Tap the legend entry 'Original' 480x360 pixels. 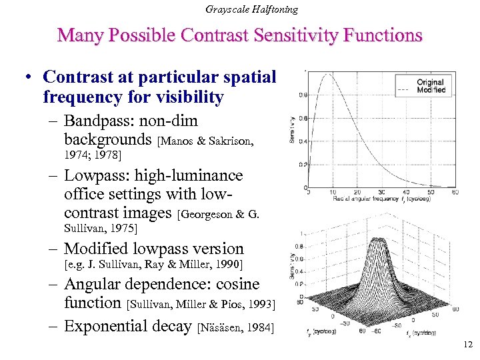pos(430,82)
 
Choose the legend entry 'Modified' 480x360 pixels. pos(431,89)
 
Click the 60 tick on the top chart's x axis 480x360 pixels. pos(455,193)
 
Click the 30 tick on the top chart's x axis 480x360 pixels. pos(381,193)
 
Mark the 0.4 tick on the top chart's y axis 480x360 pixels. pos(303,141)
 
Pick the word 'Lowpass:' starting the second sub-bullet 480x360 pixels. pos(93,176)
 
